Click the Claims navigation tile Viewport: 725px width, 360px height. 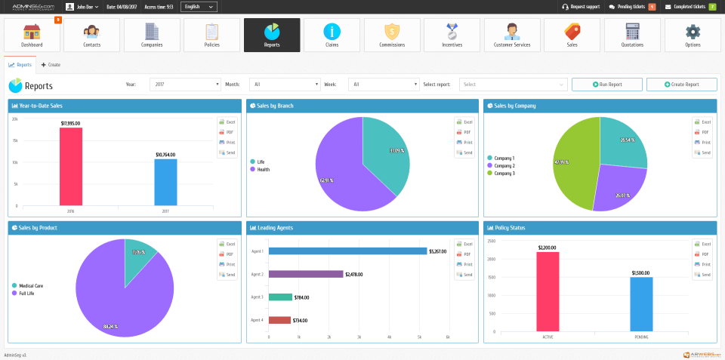pyautogui.click(x=332, y=35)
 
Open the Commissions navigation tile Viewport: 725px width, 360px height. pyautogui.click(x=392, y=35)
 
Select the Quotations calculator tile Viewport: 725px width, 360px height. pyautogui.click(x=632, y=35)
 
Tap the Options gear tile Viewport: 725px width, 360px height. pyautogui.click(x=693, y=35)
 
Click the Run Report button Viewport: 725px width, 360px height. pyautogui.click(x=606, y=85)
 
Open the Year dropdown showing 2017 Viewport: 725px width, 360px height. pyautogui.click(x=184, y=85)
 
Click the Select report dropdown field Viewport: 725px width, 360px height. pyautogui.click(x=513, y=85)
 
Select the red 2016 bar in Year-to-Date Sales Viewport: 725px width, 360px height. pyautogui.click(x=70, y=166)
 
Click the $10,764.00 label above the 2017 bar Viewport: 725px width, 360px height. pyautogui.click(x=165, y=155)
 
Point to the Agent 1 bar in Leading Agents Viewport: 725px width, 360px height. pyautogui.click(x=347, y=251)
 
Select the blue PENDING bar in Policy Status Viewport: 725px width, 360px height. pyautogui.click(x=641, y=303)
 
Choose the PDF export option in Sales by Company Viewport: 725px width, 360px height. pyautogui.click(x=702, y=132)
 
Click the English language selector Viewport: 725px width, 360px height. pyautogui.click(x=199, y=7)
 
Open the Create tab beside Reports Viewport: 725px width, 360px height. pyautogui.click(x=51, y=65)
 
